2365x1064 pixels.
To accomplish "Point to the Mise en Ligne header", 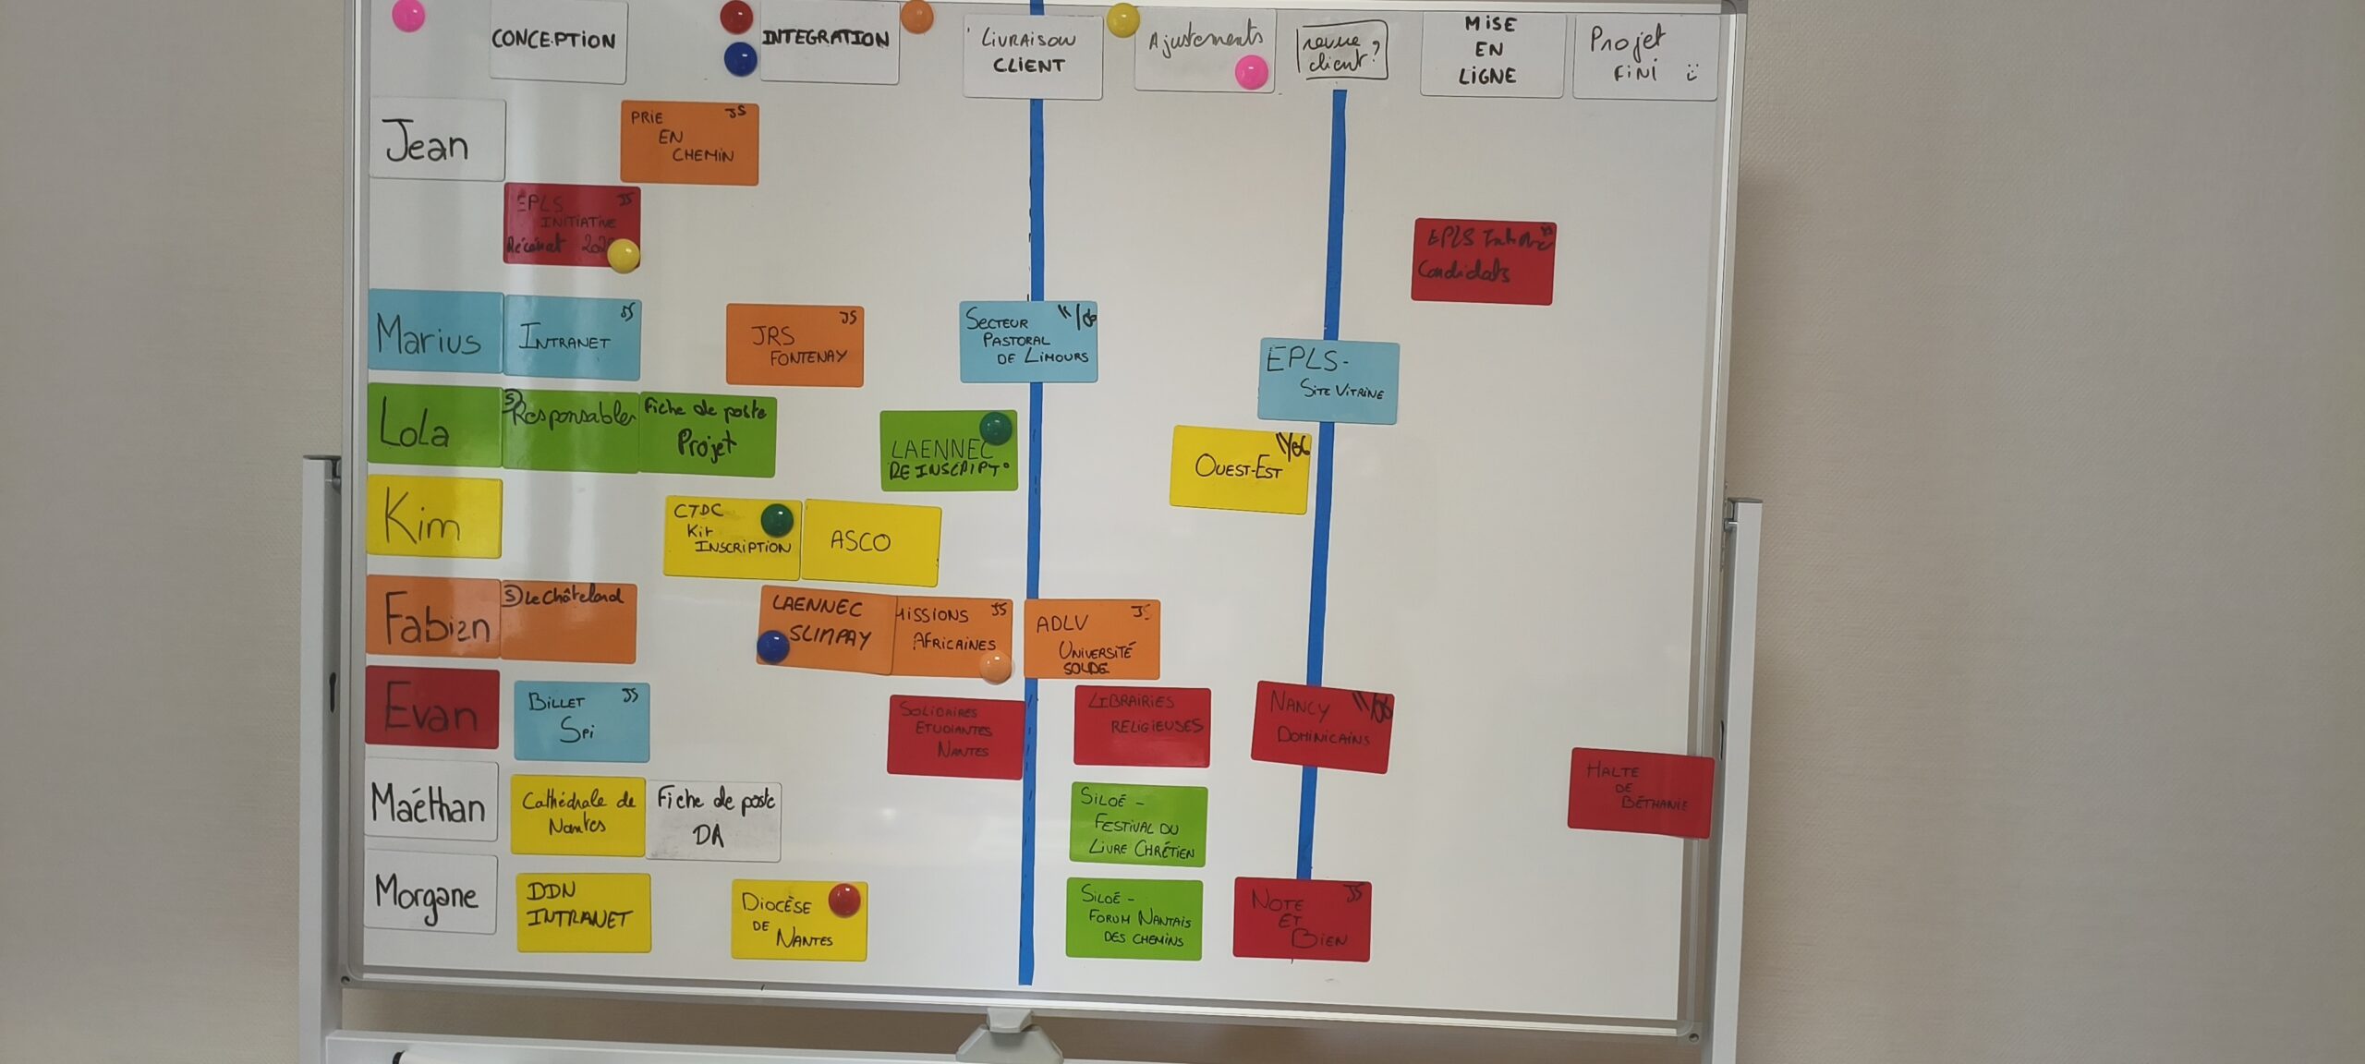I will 1490,52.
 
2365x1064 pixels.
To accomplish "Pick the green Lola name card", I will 433,425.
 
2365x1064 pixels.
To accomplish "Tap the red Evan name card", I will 431,707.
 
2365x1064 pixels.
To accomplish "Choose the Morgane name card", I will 431,893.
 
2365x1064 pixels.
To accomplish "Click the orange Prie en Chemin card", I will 688,142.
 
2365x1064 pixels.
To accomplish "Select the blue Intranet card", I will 571,337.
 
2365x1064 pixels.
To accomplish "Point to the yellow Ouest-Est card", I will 1238,468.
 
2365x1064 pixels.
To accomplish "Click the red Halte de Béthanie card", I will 1640,792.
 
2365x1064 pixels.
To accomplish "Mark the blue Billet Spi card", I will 581,721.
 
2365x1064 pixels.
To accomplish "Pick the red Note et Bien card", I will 1301,920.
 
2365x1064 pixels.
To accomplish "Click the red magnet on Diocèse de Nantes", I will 844,900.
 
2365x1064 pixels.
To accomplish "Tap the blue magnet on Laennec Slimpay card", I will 772,647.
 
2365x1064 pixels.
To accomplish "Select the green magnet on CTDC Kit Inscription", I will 777,519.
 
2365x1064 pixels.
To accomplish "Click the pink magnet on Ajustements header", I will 1251,72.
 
